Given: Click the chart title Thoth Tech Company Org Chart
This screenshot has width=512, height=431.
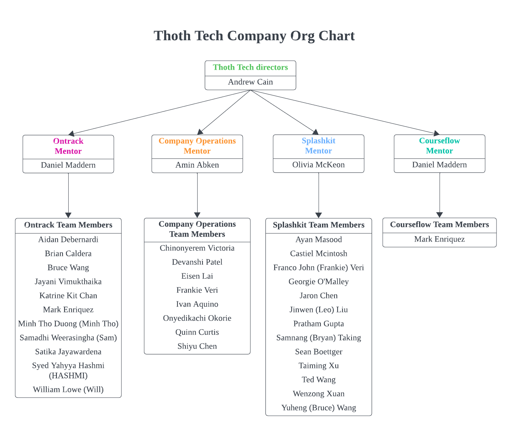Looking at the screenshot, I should (x=254, y=36).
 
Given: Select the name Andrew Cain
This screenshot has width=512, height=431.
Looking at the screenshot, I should (x=250, y=82).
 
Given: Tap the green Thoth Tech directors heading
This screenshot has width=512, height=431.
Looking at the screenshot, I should (x=250, y=67).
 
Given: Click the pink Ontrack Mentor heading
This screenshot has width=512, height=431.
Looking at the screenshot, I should (x=68, y=146).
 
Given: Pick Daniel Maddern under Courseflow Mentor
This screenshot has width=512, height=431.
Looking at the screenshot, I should (x=439, y=165).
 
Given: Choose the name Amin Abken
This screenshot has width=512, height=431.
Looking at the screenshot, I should (x=197, y=165).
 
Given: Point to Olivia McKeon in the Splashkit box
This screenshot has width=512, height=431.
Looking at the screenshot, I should (x=319, y=165).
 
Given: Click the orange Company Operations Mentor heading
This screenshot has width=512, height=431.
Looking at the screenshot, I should (x=197, y=146).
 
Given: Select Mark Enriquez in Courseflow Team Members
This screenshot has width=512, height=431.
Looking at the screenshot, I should (x=439, y=239).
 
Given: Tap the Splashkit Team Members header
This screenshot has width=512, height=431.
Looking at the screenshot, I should (x=319, y=225).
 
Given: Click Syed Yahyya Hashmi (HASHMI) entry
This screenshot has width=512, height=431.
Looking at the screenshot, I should (x=68, y=370).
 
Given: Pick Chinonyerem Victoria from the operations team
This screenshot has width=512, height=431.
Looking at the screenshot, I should (x=197, y=248).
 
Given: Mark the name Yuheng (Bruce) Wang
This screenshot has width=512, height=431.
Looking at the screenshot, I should (x=319, y=408).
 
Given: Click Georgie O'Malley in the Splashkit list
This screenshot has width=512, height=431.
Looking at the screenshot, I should (x=319, y=282).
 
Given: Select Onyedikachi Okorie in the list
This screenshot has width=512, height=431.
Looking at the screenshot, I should (x=197, y=318).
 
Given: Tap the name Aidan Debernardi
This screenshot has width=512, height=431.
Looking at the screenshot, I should (x=68, y=240).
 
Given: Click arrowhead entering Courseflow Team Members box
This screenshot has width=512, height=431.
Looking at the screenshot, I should (x=440, y=215).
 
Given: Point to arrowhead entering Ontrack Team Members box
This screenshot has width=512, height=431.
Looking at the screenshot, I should (x=68, y=215).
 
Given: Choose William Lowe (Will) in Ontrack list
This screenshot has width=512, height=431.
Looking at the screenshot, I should (x=68, y=390).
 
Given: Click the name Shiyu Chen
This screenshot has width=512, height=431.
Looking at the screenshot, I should (x=197, y=346).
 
